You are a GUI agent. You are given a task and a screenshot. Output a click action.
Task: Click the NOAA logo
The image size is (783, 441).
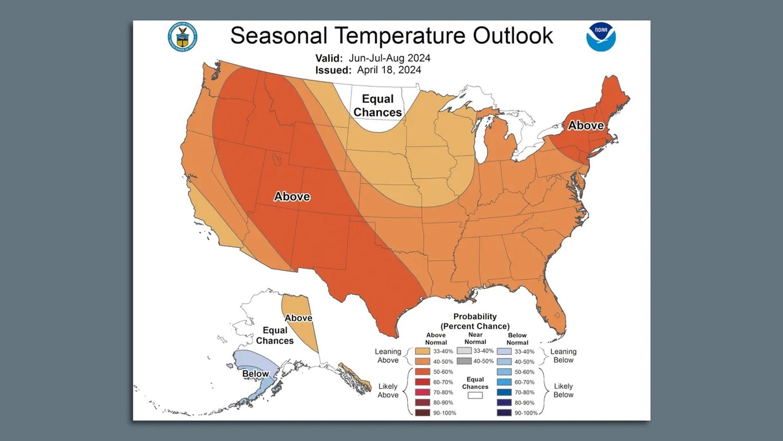[601, 37]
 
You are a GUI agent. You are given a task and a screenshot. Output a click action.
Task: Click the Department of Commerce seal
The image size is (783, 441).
[182, 37]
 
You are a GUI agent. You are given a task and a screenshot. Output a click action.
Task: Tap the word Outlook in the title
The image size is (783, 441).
[513, 36]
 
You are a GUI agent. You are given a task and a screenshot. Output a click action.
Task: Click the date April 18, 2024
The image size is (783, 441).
[389, 70]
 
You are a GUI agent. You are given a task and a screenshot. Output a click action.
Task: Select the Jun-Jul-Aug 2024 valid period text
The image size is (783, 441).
[389, 58]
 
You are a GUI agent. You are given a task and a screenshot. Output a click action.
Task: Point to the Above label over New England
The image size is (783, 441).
[586, 125]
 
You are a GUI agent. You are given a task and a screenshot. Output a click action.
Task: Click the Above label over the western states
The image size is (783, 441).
[292, 196]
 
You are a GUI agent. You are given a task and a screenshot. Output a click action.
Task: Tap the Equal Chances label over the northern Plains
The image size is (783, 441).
[378, 105]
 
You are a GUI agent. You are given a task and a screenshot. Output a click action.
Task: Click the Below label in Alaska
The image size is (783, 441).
[255, 374]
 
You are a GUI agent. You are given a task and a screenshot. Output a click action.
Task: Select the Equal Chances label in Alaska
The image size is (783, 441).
[274, 335]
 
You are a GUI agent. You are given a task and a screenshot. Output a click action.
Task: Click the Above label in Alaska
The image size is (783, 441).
[299, 318]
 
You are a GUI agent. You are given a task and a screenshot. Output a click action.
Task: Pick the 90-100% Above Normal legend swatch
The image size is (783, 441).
[422, 413]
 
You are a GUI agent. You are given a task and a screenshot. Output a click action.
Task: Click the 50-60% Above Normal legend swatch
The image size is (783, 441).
[422, 372]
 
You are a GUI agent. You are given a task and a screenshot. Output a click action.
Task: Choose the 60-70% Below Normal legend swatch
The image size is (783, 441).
[504, 382]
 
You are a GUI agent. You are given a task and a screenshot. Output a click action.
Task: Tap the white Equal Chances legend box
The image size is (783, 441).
[475, 395]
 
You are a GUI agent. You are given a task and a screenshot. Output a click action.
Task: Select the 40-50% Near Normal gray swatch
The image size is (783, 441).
[464, 361]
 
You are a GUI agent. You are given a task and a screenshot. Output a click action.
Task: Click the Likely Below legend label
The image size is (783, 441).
[563, 390]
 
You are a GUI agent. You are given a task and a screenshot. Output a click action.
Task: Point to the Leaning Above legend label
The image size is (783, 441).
[388, 356]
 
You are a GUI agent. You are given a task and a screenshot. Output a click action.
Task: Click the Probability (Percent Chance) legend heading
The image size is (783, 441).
[475, 321]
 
